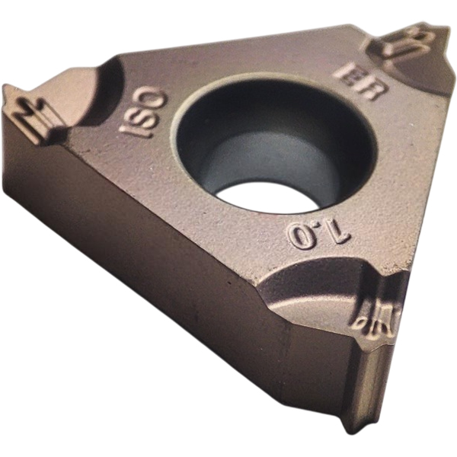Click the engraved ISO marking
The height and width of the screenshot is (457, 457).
[144, 114]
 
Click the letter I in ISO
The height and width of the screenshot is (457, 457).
[129, 133]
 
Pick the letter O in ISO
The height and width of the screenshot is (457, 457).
[156, 97]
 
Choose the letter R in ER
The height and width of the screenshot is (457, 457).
[372, 90]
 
